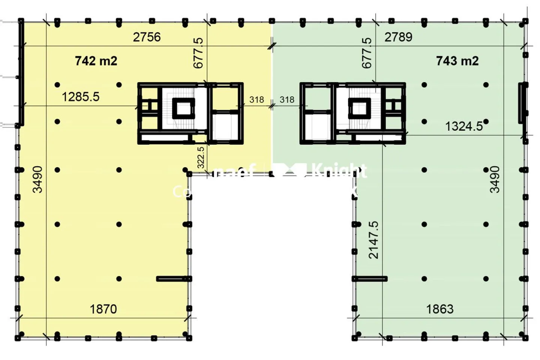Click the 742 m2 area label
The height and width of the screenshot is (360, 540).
point(96,61)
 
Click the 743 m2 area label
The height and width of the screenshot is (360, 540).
point(457,61)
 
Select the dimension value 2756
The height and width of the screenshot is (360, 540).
point(147,37)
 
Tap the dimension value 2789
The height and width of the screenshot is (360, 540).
point(398,37)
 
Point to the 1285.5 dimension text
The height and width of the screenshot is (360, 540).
point(81,97)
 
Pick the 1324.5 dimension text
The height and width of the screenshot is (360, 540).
point(464,126)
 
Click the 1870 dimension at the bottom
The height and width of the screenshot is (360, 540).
point(103,309)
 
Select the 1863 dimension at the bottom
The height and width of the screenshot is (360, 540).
point(439,309)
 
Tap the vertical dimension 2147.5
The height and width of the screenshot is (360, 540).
point(373,240)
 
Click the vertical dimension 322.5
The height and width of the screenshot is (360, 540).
point(201,157)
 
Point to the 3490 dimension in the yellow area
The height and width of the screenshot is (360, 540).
point(37,179)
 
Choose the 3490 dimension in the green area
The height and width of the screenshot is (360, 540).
point(495,179)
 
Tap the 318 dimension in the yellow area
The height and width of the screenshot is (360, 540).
point(256,100)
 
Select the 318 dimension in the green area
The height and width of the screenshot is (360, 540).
point(287,100)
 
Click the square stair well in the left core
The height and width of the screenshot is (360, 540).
point(183,108)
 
